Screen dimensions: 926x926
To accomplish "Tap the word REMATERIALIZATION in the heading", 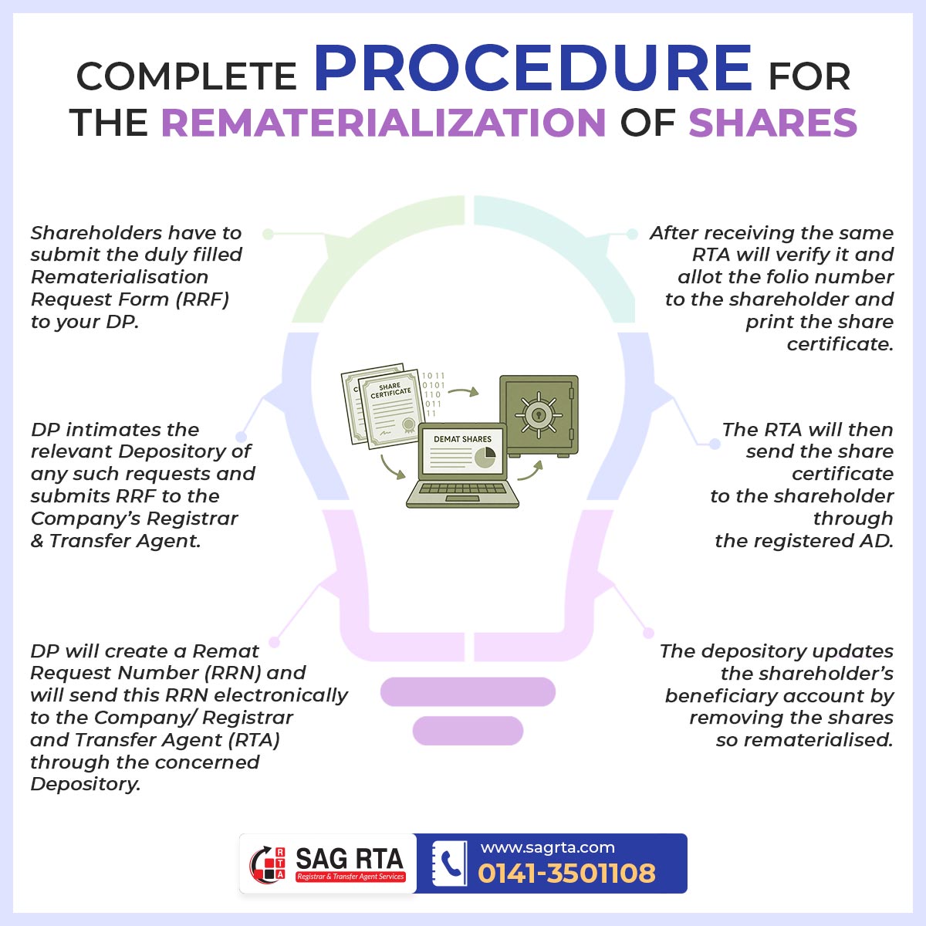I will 384,123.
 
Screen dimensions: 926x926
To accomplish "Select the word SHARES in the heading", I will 772,123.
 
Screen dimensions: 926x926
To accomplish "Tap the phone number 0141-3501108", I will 566,874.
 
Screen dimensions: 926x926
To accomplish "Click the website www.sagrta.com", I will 547,847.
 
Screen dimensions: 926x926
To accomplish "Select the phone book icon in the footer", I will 450,863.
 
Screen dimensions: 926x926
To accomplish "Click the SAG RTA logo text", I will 350,858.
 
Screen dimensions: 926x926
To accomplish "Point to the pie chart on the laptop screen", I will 485,457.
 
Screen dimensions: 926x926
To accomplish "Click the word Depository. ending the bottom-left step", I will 86,784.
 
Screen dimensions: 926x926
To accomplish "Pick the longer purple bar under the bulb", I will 468,692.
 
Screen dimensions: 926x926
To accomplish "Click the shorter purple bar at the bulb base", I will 468,731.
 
